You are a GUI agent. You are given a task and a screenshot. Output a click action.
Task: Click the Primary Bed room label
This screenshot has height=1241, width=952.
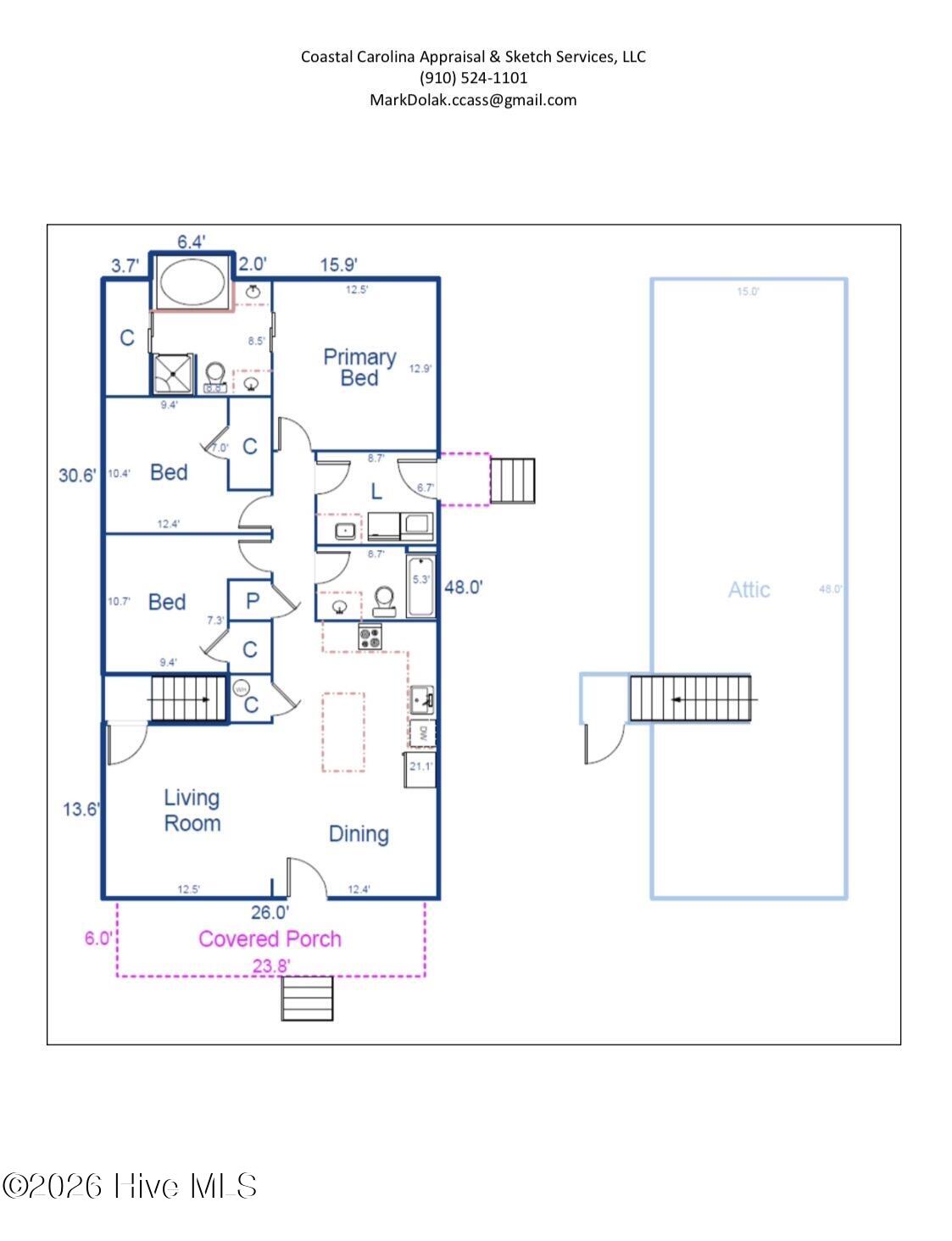[x=359, y=367]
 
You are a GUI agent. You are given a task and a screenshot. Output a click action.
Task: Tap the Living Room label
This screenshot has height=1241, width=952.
[x=192, y=810]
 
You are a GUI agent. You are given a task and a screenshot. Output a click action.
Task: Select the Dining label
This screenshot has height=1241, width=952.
[x=359, y=833]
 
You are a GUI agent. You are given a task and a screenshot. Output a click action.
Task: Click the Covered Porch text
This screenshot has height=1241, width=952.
[x=270, y=938]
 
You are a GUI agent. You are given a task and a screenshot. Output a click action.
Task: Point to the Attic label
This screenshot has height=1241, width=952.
[x=749, y=589]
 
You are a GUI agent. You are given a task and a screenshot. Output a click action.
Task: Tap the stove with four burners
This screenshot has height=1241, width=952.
[x=370, y=637]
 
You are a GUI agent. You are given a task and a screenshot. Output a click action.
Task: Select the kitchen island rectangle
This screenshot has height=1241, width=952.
[x=343, y=732]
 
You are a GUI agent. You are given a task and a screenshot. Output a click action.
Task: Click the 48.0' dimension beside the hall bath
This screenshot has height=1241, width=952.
[x=463, y=587]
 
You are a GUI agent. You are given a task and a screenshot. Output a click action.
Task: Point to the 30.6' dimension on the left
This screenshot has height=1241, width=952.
[x=77, y=475]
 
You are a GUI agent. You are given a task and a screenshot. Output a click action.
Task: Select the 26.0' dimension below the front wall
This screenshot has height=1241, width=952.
[x=270, y=912]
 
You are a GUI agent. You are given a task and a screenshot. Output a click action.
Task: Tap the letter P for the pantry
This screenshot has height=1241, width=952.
[x=252, y=601]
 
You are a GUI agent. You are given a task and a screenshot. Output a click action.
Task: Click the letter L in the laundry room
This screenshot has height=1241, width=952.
[x=376, y=491]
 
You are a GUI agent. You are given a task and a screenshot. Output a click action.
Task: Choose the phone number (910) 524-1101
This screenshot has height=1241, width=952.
[x=473, y=78]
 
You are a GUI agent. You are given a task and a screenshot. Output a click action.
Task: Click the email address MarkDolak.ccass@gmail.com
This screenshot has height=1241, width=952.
[x=473, y=100]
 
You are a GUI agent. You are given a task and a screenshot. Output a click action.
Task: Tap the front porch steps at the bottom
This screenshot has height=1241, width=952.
[x=307, y=998]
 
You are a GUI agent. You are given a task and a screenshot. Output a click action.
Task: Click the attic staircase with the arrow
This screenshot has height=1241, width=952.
[x=691, y=698]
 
